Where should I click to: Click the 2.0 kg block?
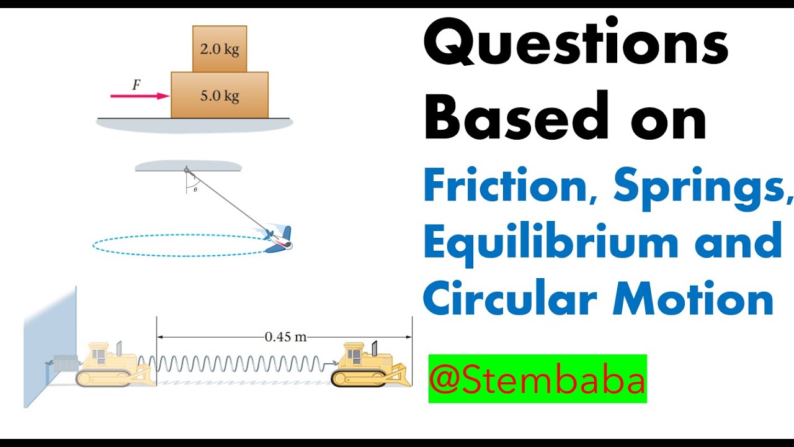pos(220,49)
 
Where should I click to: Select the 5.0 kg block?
pos(220,95)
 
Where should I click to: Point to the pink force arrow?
pos(140,96)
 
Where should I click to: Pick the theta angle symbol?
pos(195,189)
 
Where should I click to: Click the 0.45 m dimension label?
pos(285,337)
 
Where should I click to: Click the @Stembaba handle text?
pos(537,379)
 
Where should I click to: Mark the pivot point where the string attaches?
pos(185,169)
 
